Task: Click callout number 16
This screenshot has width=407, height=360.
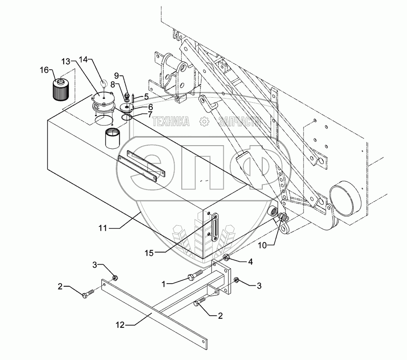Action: pyautogui.click(x=44, y=70)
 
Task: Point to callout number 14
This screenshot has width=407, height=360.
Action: pyautogui.click(x=85, y=59)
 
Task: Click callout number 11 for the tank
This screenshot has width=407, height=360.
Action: pyautogui.click(x=104, y=228)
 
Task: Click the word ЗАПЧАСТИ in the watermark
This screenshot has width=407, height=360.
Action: pyautogui.click(x=239, y=121)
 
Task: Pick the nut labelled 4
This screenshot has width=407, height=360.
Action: pyautogui.click(x=225, y=258)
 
